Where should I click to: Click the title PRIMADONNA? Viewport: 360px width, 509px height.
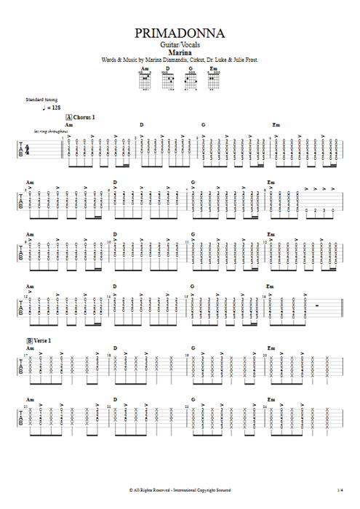(x=180, y=33)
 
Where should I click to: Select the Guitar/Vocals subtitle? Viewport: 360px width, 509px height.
(x=180, y=45)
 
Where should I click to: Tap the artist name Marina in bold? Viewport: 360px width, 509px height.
(x=180, y=52)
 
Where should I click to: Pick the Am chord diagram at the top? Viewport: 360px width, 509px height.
(x=145, y=78)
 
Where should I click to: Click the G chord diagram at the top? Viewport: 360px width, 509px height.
(x=191, y=78)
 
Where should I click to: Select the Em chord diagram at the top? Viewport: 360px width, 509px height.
(x=214, y=78)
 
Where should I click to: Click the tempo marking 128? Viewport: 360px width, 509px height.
(x=57, y=108)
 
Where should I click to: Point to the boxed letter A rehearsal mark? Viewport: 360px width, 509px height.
(x=68, y=117)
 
